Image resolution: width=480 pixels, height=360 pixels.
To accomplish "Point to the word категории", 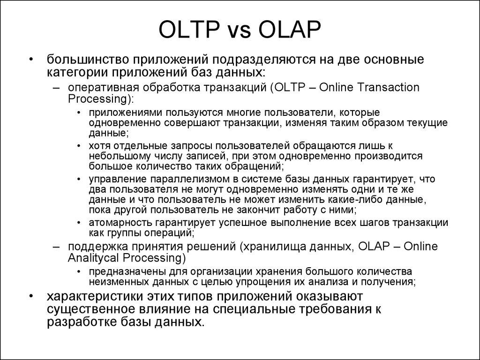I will pos(75,72).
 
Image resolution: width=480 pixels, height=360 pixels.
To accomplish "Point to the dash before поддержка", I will pos(57,247).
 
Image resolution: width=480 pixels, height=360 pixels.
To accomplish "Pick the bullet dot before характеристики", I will pos(31,297).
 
